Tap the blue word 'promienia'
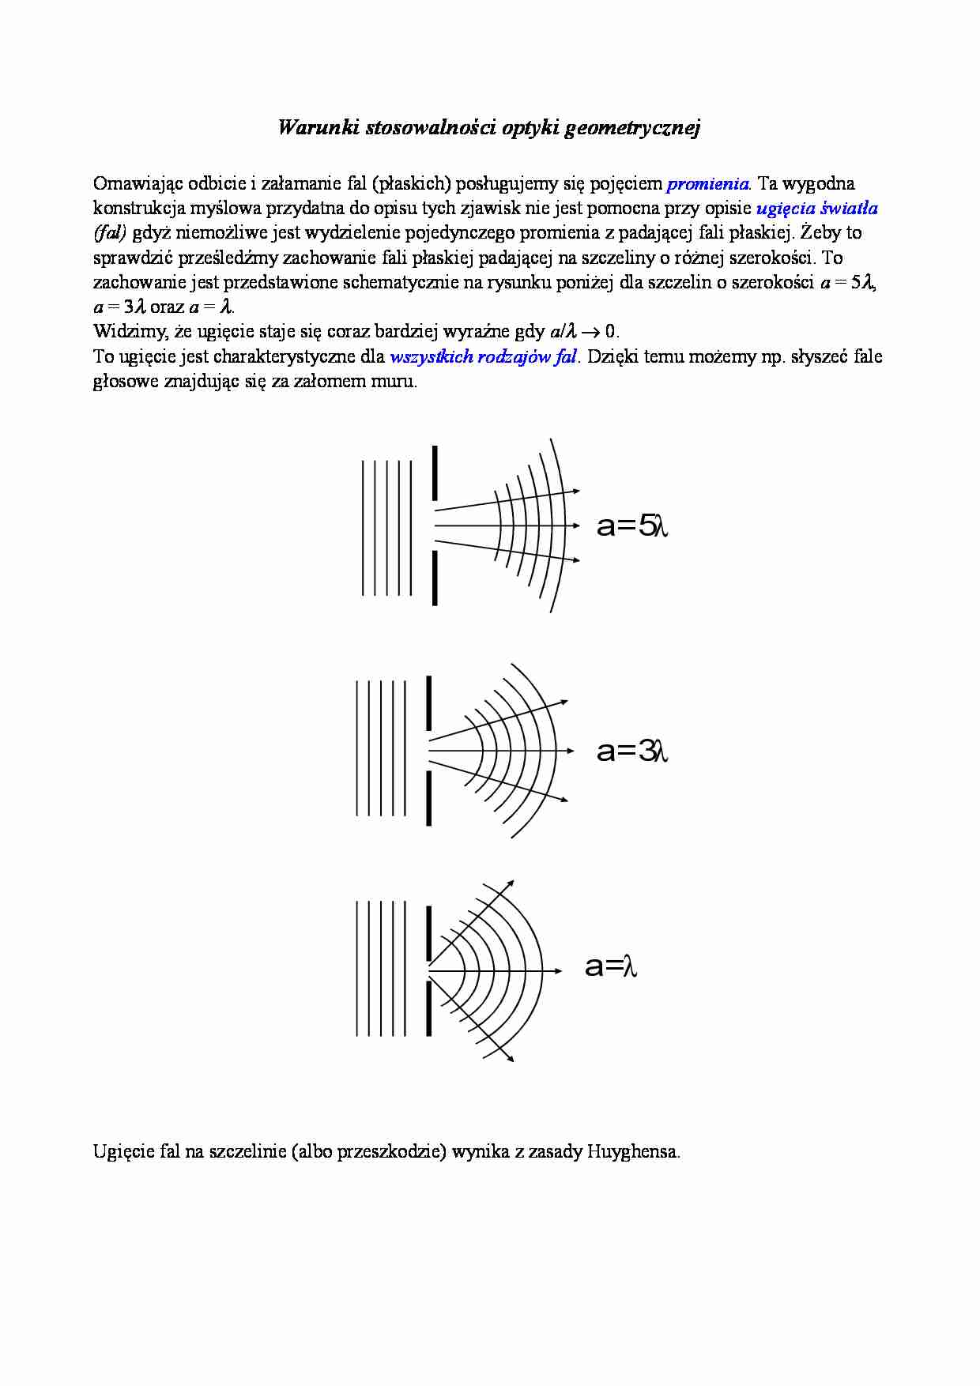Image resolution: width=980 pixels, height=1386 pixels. pyautogui.click(x=707, y=184)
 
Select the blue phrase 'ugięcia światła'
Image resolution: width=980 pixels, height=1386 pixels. pyautogui.click(x=816, y=209)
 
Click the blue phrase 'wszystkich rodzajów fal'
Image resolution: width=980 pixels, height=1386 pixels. pyautogui.click(x=483, y=356)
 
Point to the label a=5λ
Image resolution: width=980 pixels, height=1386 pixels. pyautogui.click(x=632, y=525)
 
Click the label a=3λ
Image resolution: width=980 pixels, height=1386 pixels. pyautogui.click(x=632, y=751)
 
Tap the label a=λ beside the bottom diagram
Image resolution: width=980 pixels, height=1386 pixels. pyautogui.click(x=610, y=966)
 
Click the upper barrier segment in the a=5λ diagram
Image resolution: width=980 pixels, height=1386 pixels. pyautogui.click(x=435, y=473)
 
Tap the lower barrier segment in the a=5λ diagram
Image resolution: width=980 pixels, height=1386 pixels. pyautogui.click(x=435, y=578)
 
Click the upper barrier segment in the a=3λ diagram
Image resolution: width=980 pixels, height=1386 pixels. pyautogui.click(x=429, y=702)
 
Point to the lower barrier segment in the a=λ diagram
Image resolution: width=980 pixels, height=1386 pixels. pyautogui.click(x=429, y=1007)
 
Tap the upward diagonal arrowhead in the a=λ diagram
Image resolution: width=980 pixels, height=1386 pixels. pyautogui.click(x=511, y=883)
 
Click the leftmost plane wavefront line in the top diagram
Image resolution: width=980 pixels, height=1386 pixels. pyautogui.click(x=363, y=527)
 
